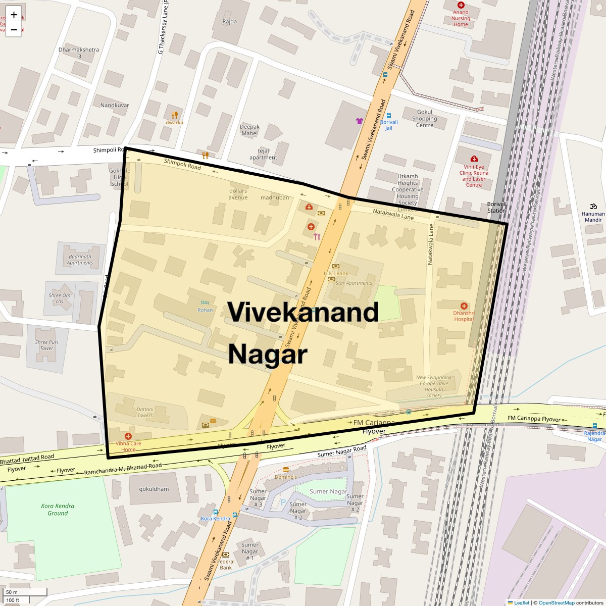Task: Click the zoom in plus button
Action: tap(14, 14)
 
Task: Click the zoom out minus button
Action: tap(14, 30)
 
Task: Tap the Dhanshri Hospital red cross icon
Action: tap(464, 306)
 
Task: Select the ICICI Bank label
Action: tap(336, 274)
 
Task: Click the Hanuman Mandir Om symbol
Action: tap(593, 206)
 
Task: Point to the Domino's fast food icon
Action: tap(286, 469)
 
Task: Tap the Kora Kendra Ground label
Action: tap(58, 510)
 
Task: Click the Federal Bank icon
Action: tap(225, 554)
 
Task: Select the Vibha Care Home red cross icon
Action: tap(128, 436)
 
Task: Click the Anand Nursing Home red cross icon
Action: tap(461, 5)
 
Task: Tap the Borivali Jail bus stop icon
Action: tap(388, 115)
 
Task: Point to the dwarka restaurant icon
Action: tap(175, 115)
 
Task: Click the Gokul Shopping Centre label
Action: tap(424, 119)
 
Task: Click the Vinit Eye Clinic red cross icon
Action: tap(474, 159)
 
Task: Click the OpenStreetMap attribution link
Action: tap(556, 602)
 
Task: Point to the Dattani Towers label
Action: tap(145, 412)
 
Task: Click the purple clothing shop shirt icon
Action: tap(360, 121)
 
